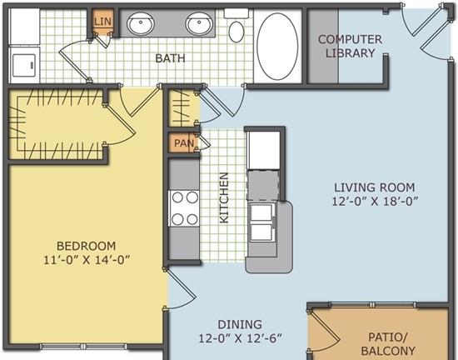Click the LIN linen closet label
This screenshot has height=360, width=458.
[x=102, y=22]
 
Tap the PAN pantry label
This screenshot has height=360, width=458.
[x=184, y=143]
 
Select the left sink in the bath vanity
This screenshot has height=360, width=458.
[x=141, y=23]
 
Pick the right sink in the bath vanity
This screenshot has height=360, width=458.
[x=199, y=23]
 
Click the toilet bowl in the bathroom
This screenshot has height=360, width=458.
[x=236, y=32]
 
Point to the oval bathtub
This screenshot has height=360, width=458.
[x=277, y=46]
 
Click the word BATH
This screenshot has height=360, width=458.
[x=170, y=58]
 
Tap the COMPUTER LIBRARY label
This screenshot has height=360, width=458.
[x=350, y=46]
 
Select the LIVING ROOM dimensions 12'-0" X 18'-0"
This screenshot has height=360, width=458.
[x=375, y=202]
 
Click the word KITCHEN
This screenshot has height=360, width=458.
[x=224, y=197]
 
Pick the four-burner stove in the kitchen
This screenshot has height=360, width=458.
[x=185, y=208]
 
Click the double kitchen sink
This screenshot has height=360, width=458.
[x=261, y=222]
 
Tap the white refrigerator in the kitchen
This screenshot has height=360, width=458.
[x=263, y=150]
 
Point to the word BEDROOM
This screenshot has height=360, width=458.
[x=86, y=246]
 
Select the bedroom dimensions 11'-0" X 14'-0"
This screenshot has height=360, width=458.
[x=86, y=260]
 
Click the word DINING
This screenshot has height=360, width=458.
[x=240, y=324]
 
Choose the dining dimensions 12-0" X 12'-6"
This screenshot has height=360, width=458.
[x=240, y=338]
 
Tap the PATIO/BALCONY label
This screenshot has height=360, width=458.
[x=388, y=343]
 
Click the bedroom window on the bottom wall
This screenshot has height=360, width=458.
[x=83, y=347]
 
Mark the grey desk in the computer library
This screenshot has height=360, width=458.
[x=324, y=46]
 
